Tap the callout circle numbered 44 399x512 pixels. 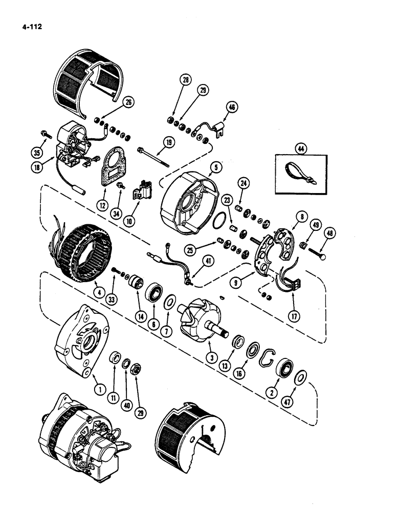299,149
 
